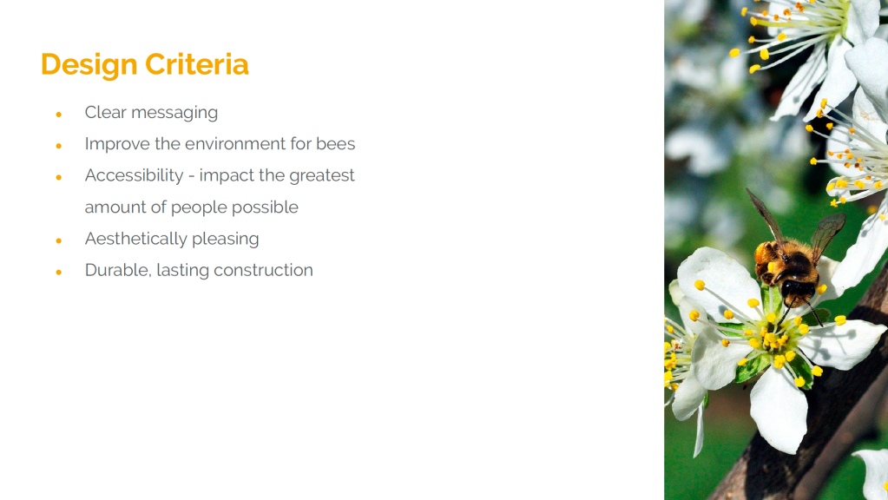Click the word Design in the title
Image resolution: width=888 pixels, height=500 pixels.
click(x=89, y=65)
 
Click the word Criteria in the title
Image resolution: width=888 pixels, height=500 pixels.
click(x=196, y=64)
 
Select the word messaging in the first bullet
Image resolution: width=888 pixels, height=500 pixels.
click(x=174, y=113)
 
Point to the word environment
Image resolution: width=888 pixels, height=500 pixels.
click(x=235, y=144)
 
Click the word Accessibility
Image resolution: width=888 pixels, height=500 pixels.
click(x=135, y=175)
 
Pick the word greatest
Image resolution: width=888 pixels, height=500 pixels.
click(x=322, y=176)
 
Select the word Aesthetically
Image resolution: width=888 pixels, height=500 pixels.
click(x=135, y=239)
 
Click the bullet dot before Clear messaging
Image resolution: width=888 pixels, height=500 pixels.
click(x=58, y=115)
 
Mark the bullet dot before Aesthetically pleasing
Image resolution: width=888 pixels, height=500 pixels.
click(x=58, y=240)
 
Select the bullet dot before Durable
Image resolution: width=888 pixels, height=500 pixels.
click(x=58, y=273)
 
